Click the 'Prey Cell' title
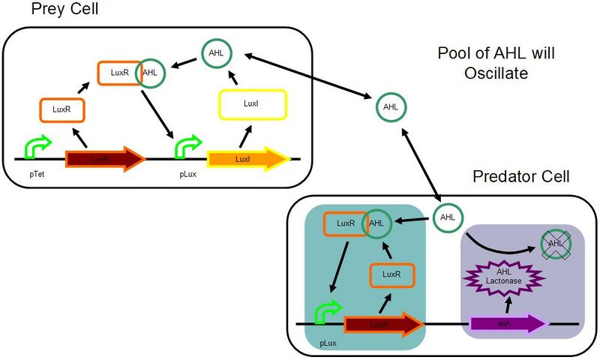65,10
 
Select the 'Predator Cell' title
521,177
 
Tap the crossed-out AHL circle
556,243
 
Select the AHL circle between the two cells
391,107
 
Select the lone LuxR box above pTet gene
61,109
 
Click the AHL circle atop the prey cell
217,53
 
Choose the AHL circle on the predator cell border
448,217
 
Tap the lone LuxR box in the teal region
391,274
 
